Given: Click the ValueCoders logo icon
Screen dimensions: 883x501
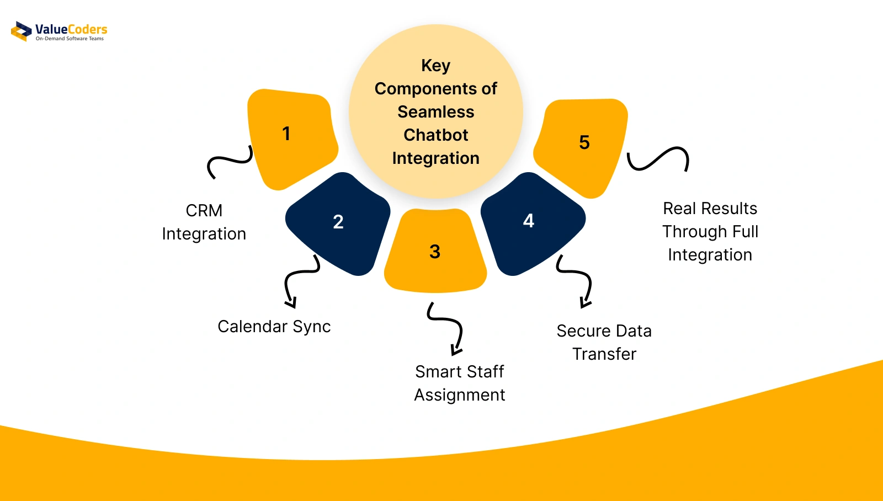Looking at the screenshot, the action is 22,31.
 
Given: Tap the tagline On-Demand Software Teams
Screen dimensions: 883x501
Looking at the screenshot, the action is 70,39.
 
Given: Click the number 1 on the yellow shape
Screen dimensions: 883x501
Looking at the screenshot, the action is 286,134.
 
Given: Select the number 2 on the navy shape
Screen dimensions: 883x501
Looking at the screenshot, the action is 338,221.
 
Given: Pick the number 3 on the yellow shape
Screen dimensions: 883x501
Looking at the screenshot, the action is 435,252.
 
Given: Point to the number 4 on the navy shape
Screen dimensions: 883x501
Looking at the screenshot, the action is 529,221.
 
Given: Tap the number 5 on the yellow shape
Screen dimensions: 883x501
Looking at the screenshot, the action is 584,142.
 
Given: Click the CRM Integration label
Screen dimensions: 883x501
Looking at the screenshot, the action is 204,222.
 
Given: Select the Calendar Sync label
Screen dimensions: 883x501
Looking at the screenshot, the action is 274,327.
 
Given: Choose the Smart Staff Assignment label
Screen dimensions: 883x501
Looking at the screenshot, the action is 460,383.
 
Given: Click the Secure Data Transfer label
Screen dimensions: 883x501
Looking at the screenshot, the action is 604,342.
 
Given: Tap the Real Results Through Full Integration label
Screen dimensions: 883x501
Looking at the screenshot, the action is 710,231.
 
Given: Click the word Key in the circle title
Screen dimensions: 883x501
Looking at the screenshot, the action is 435,66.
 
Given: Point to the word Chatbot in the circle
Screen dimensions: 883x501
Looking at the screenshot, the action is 435,135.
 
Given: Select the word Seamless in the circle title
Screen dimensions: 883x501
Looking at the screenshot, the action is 435,111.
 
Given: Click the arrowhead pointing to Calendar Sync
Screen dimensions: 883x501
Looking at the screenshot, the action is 291,303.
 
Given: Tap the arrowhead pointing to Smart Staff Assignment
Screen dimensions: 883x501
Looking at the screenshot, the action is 456,350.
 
